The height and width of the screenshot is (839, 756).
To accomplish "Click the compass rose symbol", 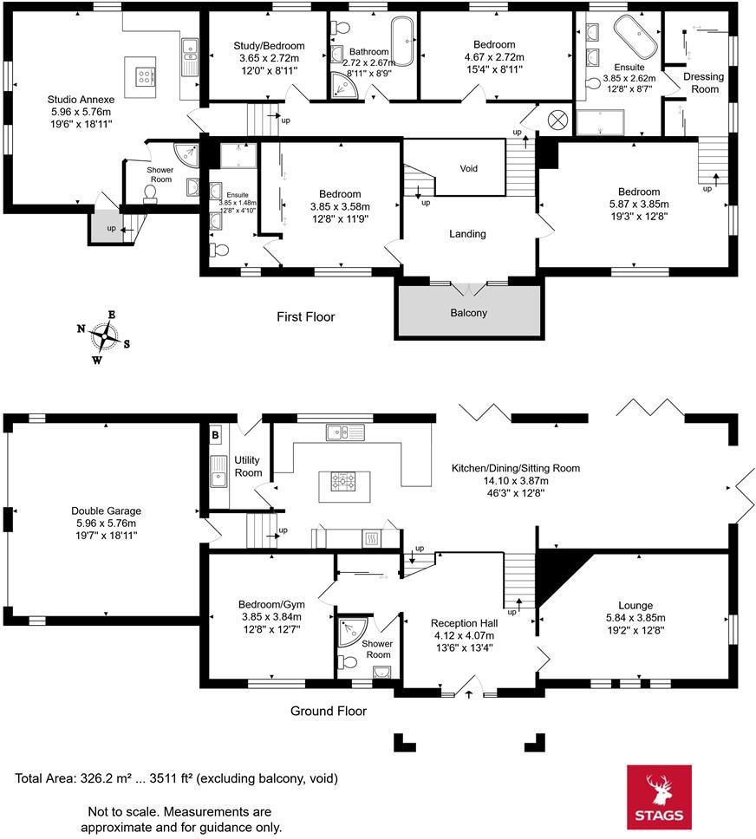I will pyautogui.click(x=103, y=336).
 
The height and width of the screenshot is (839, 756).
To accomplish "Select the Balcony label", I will pyautogui.click(x=468, y=313).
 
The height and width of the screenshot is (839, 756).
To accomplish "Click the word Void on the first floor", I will pyautogui.click(x=468, y=168).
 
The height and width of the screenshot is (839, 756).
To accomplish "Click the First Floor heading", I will pyautogui.click(x=305, y=317).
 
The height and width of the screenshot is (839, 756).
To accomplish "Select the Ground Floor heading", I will pyautogui.click(x=328, y=711).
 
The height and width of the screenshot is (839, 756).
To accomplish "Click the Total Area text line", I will pyautogui.click(x=177, y=778).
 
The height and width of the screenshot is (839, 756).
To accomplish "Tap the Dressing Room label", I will pyautogui.click(x=703, y=82).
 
